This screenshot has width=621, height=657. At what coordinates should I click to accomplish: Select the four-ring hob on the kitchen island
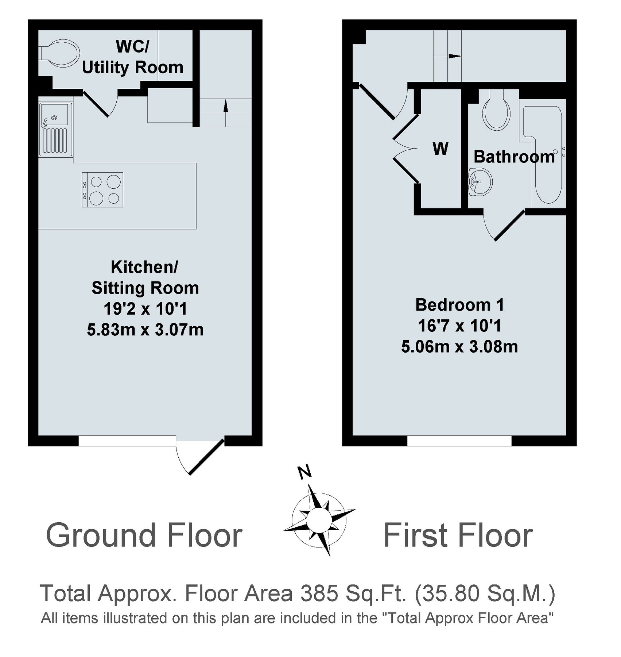[102, 190]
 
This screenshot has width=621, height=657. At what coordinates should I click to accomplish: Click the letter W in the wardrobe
[440, 149]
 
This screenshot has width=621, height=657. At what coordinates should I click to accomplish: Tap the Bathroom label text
[514, 157]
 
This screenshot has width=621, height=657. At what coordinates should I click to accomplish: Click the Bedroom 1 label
[460, 305]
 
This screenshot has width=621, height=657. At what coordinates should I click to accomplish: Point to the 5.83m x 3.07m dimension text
[145, 330]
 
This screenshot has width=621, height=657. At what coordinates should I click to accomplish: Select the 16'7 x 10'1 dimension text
[460, 326]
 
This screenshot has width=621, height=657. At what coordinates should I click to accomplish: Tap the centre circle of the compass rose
[317, 520]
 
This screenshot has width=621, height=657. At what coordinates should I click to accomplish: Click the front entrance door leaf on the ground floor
[206, 457]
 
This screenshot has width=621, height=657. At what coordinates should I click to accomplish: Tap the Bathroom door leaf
[510, 226]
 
